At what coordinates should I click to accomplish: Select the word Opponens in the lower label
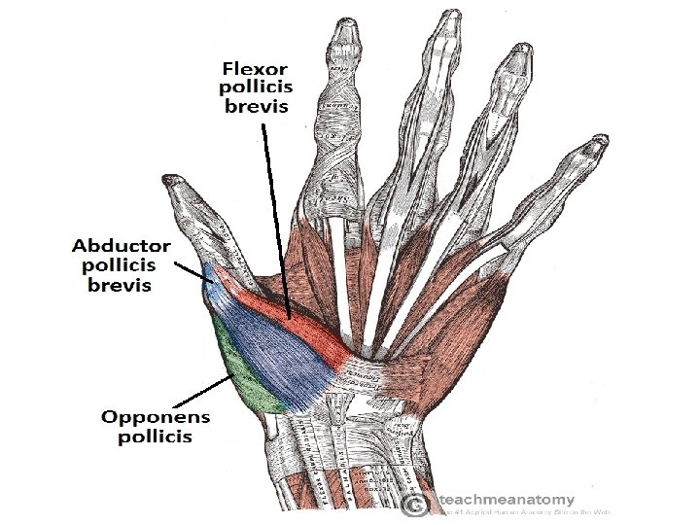(156, 417)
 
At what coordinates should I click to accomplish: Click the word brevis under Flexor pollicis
(257, 106)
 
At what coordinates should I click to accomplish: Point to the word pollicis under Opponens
(156, 437)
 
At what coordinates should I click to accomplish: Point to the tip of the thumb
(174, 181)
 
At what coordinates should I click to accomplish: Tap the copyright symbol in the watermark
(414, 504)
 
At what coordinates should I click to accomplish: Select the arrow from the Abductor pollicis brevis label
(191, 265)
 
